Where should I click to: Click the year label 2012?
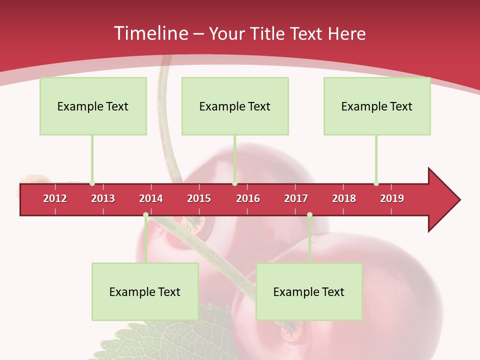tap(55, 198)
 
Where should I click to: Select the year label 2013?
tap(103, 198)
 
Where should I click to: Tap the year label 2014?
tap(151, 198)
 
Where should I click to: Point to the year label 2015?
tap(199, 198)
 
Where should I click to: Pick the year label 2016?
tap(248, 198)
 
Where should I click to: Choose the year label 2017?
tap(296, 198)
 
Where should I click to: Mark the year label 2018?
tap(344, 198)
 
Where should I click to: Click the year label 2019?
tap(392, 198)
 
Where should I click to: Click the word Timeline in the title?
tap(149, 33)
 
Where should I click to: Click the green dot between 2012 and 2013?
tap(92, 183)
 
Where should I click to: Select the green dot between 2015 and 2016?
tap(234, 183)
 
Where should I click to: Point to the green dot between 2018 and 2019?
tap(376, 183)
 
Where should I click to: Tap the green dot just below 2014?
tap(145, 215)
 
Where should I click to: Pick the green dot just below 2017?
tap(309, 215)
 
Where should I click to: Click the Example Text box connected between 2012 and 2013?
tap(93, 106)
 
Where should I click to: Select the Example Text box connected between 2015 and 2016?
tap(235, 106)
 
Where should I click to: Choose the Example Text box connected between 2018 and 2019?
tap(377, 106)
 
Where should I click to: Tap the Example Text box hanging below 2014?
tap(145, 292)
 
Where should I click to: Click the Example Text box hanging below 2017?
tap(309, 292)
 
